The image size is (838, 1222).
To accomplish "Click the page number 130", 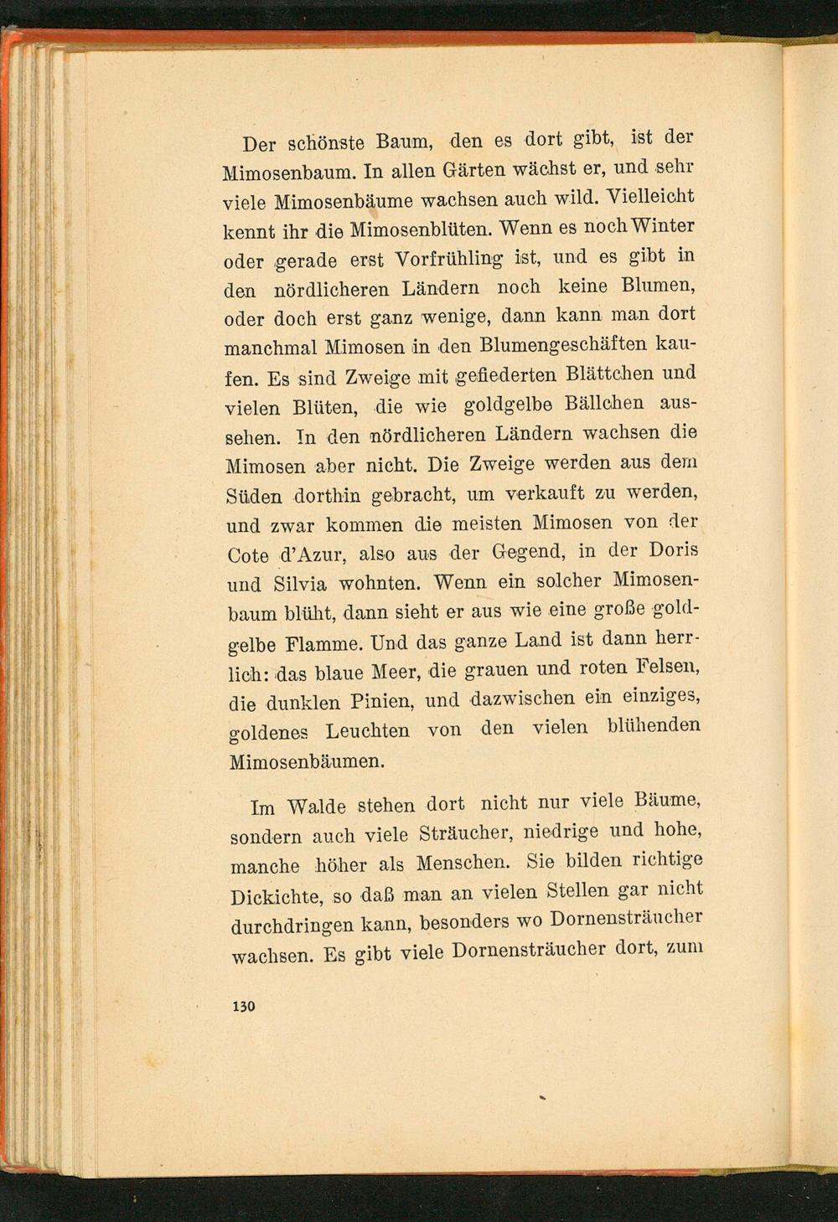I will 243,1006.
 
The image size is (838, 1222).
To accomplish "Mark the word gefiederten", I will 512,375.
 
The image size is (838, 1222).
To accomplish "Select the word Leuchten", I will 367,731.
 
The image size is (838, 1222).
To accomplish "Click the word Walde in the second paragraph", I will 316,807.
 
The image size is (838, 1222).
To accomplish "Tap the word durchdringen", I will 291,926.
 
